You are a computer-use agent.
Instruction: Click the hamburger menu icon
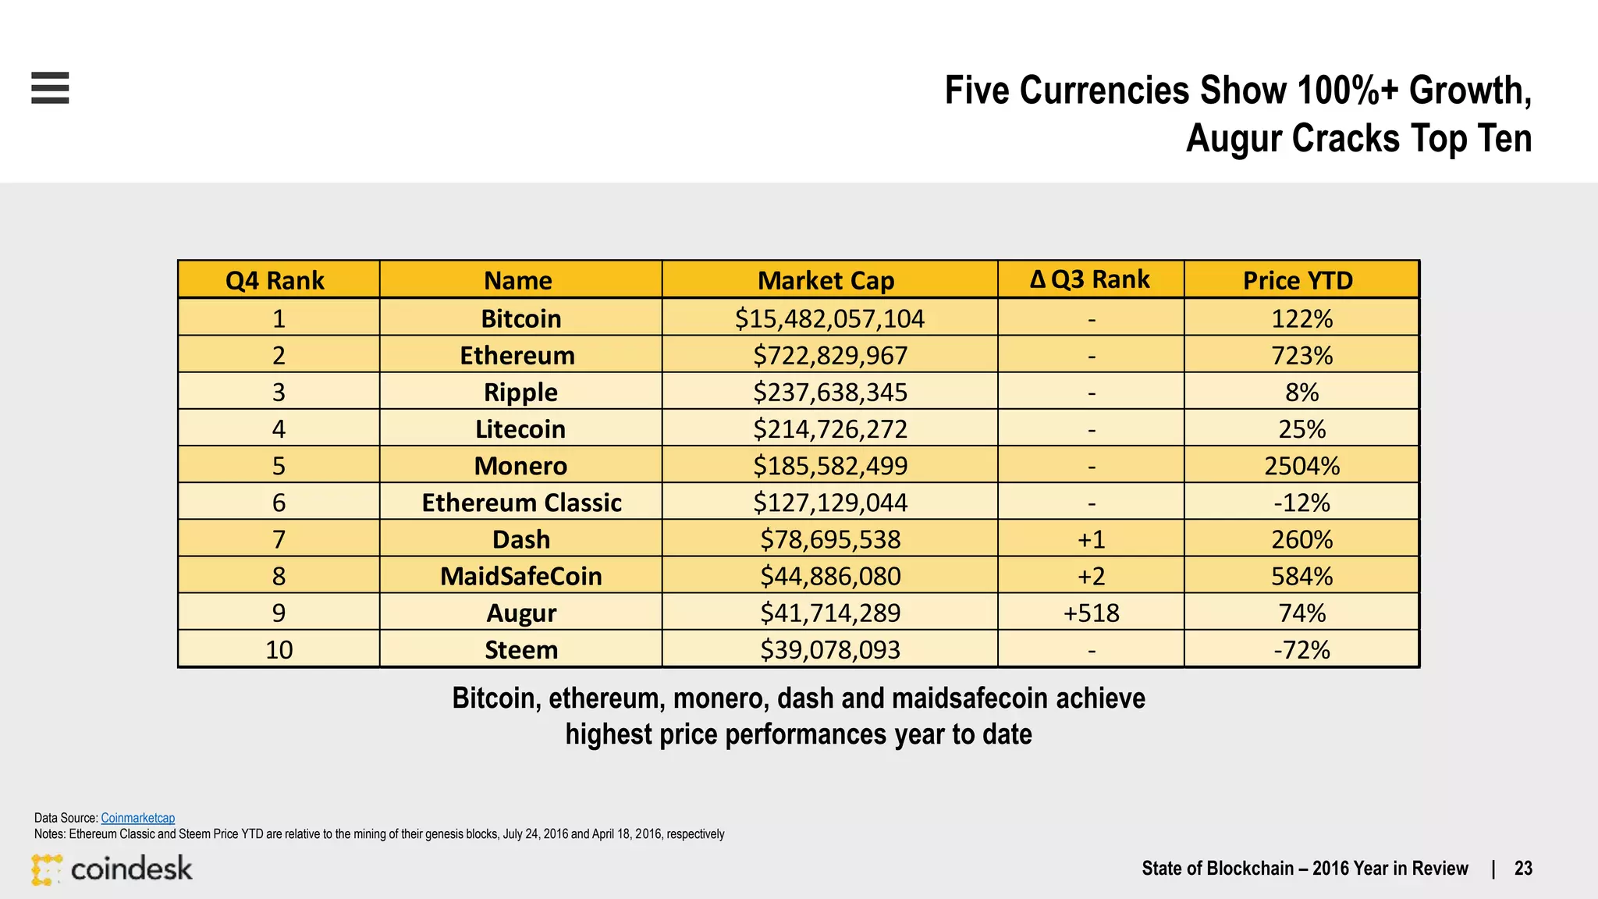click(x=50, y=87)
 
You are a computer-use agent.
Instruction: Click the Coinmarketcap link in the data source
click(x=137, y=818)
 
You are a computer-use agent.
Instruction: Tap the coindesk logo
click(x=112, y=869)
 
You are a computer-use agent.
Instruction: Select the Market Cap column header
click(x=826, y=280)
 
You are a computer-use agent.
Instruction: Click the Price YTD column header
click(x=1298, y=280)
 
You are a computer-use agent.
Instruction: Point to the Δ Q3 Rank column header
click(x=1090, y=279)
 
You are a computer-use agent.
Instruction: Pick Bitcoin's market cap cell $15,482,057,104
click(x=829, y=318)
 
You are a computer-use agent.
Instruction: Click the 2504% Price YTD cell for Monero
click(x=1301, y=466)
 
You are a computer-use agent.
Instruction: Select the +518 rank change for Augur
click(x=1091, y=613)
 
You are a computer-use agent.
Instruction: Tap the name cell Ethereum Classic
click(x=521, y=503)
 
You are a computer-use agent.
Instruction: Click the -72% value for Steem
click(x=1301, y=650)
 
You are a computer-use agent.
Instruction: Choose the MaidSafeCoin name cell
click(x=521, y=577)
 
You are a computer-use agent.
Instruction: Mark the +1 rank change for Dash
click(x=1091, y=540)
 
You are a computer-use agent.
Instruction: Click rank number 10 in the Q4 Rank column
click(x=279, y=650)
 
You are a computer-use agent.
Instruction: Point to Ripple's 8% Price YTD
click(x=1301, y=393)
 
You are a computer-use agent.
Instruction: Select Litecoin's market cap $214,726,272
click(x=829, y=429)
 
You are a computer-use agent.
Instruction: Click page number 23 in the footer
click(x=1523, y=869)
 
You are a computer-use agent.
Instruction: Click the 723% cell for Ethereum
click(x=1301, y=356)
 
